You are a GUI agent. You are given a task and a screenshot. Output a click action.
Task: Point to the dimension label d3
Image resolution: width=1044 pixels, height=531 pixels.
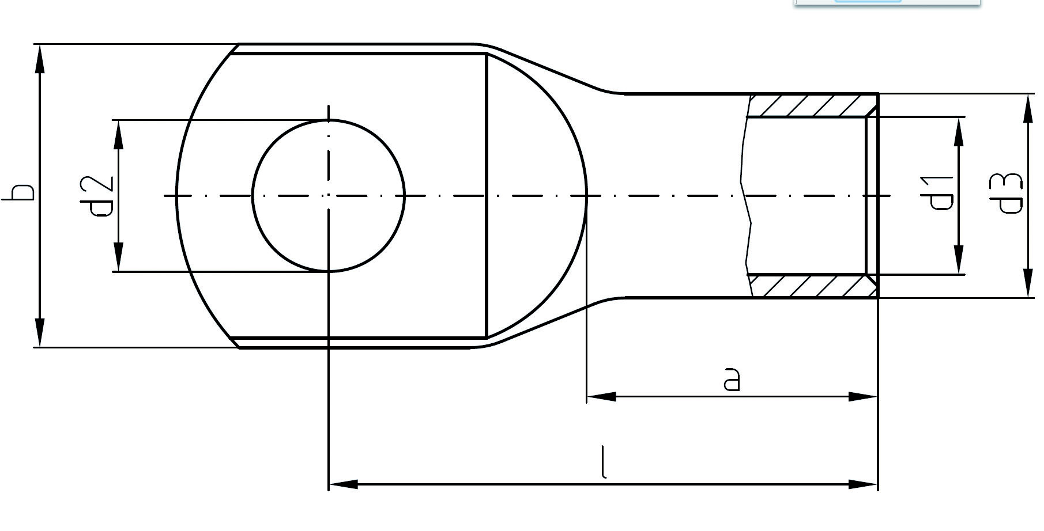click(1010, 194)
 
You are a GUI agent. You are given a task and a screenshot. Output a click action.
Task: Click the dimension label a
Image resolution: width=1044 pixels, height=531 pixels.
click(732, 379)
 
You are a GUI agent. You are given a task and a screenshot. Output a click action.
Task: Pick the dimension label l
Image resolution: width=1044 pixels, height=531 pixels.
click(604, 462)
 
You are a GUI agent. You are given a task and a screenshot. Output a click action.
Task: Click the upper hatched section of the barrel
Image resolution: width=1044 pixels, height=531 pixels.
click(813, 105)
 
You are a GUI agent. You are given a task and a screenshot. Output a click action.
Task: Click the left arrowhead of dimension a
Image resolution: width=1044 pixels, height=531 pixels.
click(601, 396)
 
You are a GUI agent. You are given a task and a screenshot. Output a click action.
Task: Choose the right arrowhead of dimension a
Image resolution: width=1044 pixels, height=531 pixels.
click(863, 396)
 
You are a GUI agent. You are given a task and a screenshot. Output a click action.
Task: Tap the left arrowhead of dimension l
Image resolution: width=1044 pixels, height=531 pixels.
click(344, 484)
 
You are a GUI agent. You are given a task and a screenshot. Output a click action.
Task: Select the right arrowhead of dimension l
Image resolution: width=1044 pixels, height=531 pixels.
click(863, 484)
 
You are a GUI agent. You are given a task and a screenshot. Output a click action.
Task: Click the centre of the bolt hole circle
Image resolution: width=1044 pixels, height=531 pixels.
click(329, 196)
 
